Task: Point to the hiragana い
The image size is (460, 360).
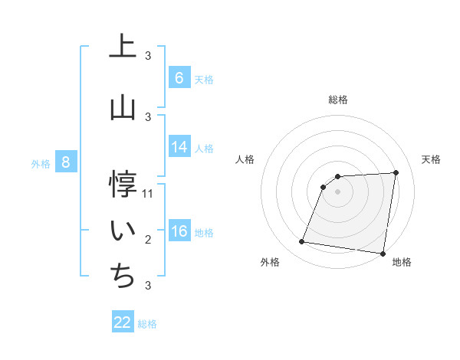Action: click(x=123, y=231)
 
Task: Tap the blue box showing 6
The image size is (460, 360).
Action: click(x=179, y=78)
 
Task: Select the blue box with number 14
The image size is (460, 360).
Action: click(x=179, y=147)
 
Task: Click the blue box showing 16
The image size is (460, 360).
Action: click(x=179, y=231)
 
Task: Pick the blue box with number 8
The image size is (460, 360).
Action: click(x=65, y=162)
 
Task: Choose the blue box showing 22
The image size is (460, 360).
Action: click(x=123, y=322)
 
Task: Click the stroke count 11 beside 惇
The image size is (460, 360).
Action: click(x=148, y=194)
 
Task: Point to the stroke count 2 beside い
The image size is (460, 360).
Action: click(x=148, y=240)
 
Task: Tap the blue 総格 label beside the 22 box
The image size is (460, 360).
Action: click(x=147, y=324)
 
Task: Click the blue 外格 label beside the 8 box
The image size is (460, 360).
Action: click(x=41, y=163)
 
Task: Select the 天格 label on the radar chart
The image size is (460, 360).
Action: click(x=432, y=159)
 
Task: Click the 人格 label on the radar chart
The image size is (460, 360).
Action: click(x=245, y=159)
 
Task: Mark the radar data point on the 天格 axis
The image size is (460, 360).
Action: click(x=396, y=172)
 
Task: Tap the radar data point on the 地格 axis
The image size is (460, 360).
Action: click(x=382, y=254)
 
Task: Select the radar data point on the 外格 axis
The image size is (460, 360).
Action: click(x=302, y=242)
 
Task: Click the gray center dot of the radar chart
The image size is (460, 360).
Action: click(x=337, y=191)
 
